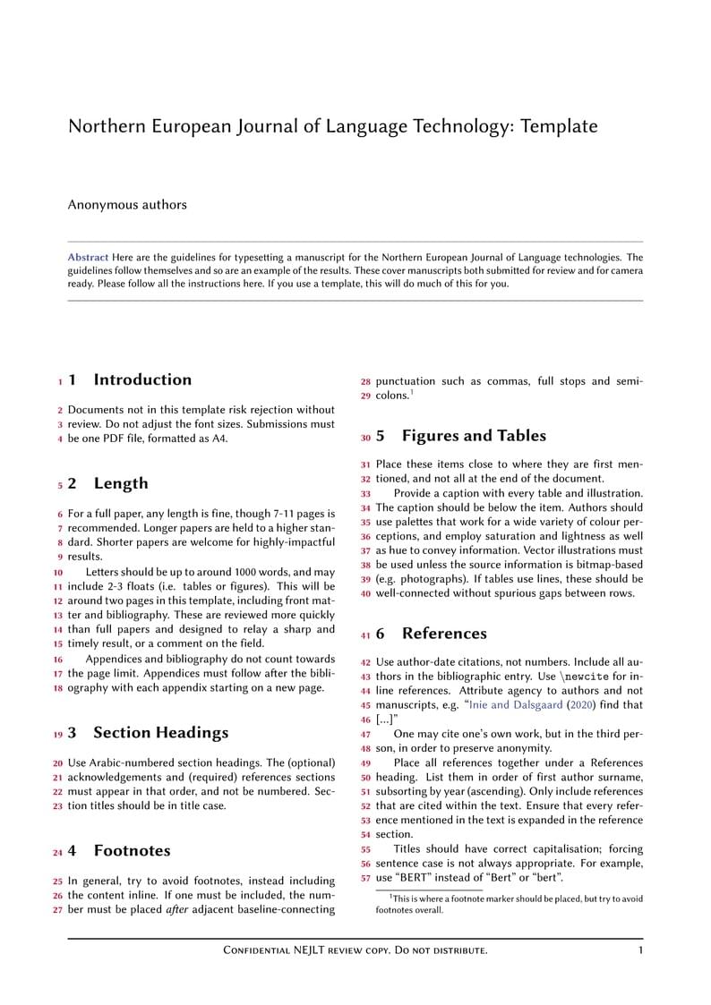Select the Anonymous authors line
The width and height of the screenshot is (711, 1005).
click(127, 205)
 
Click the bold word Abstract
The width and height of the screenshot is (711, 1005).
click(88, 258)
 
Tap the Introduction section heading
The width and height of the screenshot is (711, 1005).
click(142, 379)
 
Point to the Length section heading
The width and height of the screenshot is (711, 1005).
click(121, 483)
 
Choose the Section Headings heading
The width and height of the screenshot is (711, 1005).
click(160, 732)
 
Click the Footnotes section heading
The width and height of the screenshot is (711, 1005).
click(132, 850)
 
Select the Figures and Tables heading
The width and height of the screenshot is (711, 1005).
click(473, 436)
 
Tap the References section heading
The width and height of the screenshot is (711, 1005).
click(444, 634)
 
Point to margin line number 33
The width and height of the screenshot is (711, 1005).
click(365, 494)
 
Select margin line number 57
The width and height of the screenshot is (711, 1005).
click(365, 879)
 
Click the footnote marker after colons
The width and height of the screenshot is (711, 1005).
click(411, 391)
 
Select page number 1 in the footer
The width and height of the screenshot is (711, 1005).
click(640, 950)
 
